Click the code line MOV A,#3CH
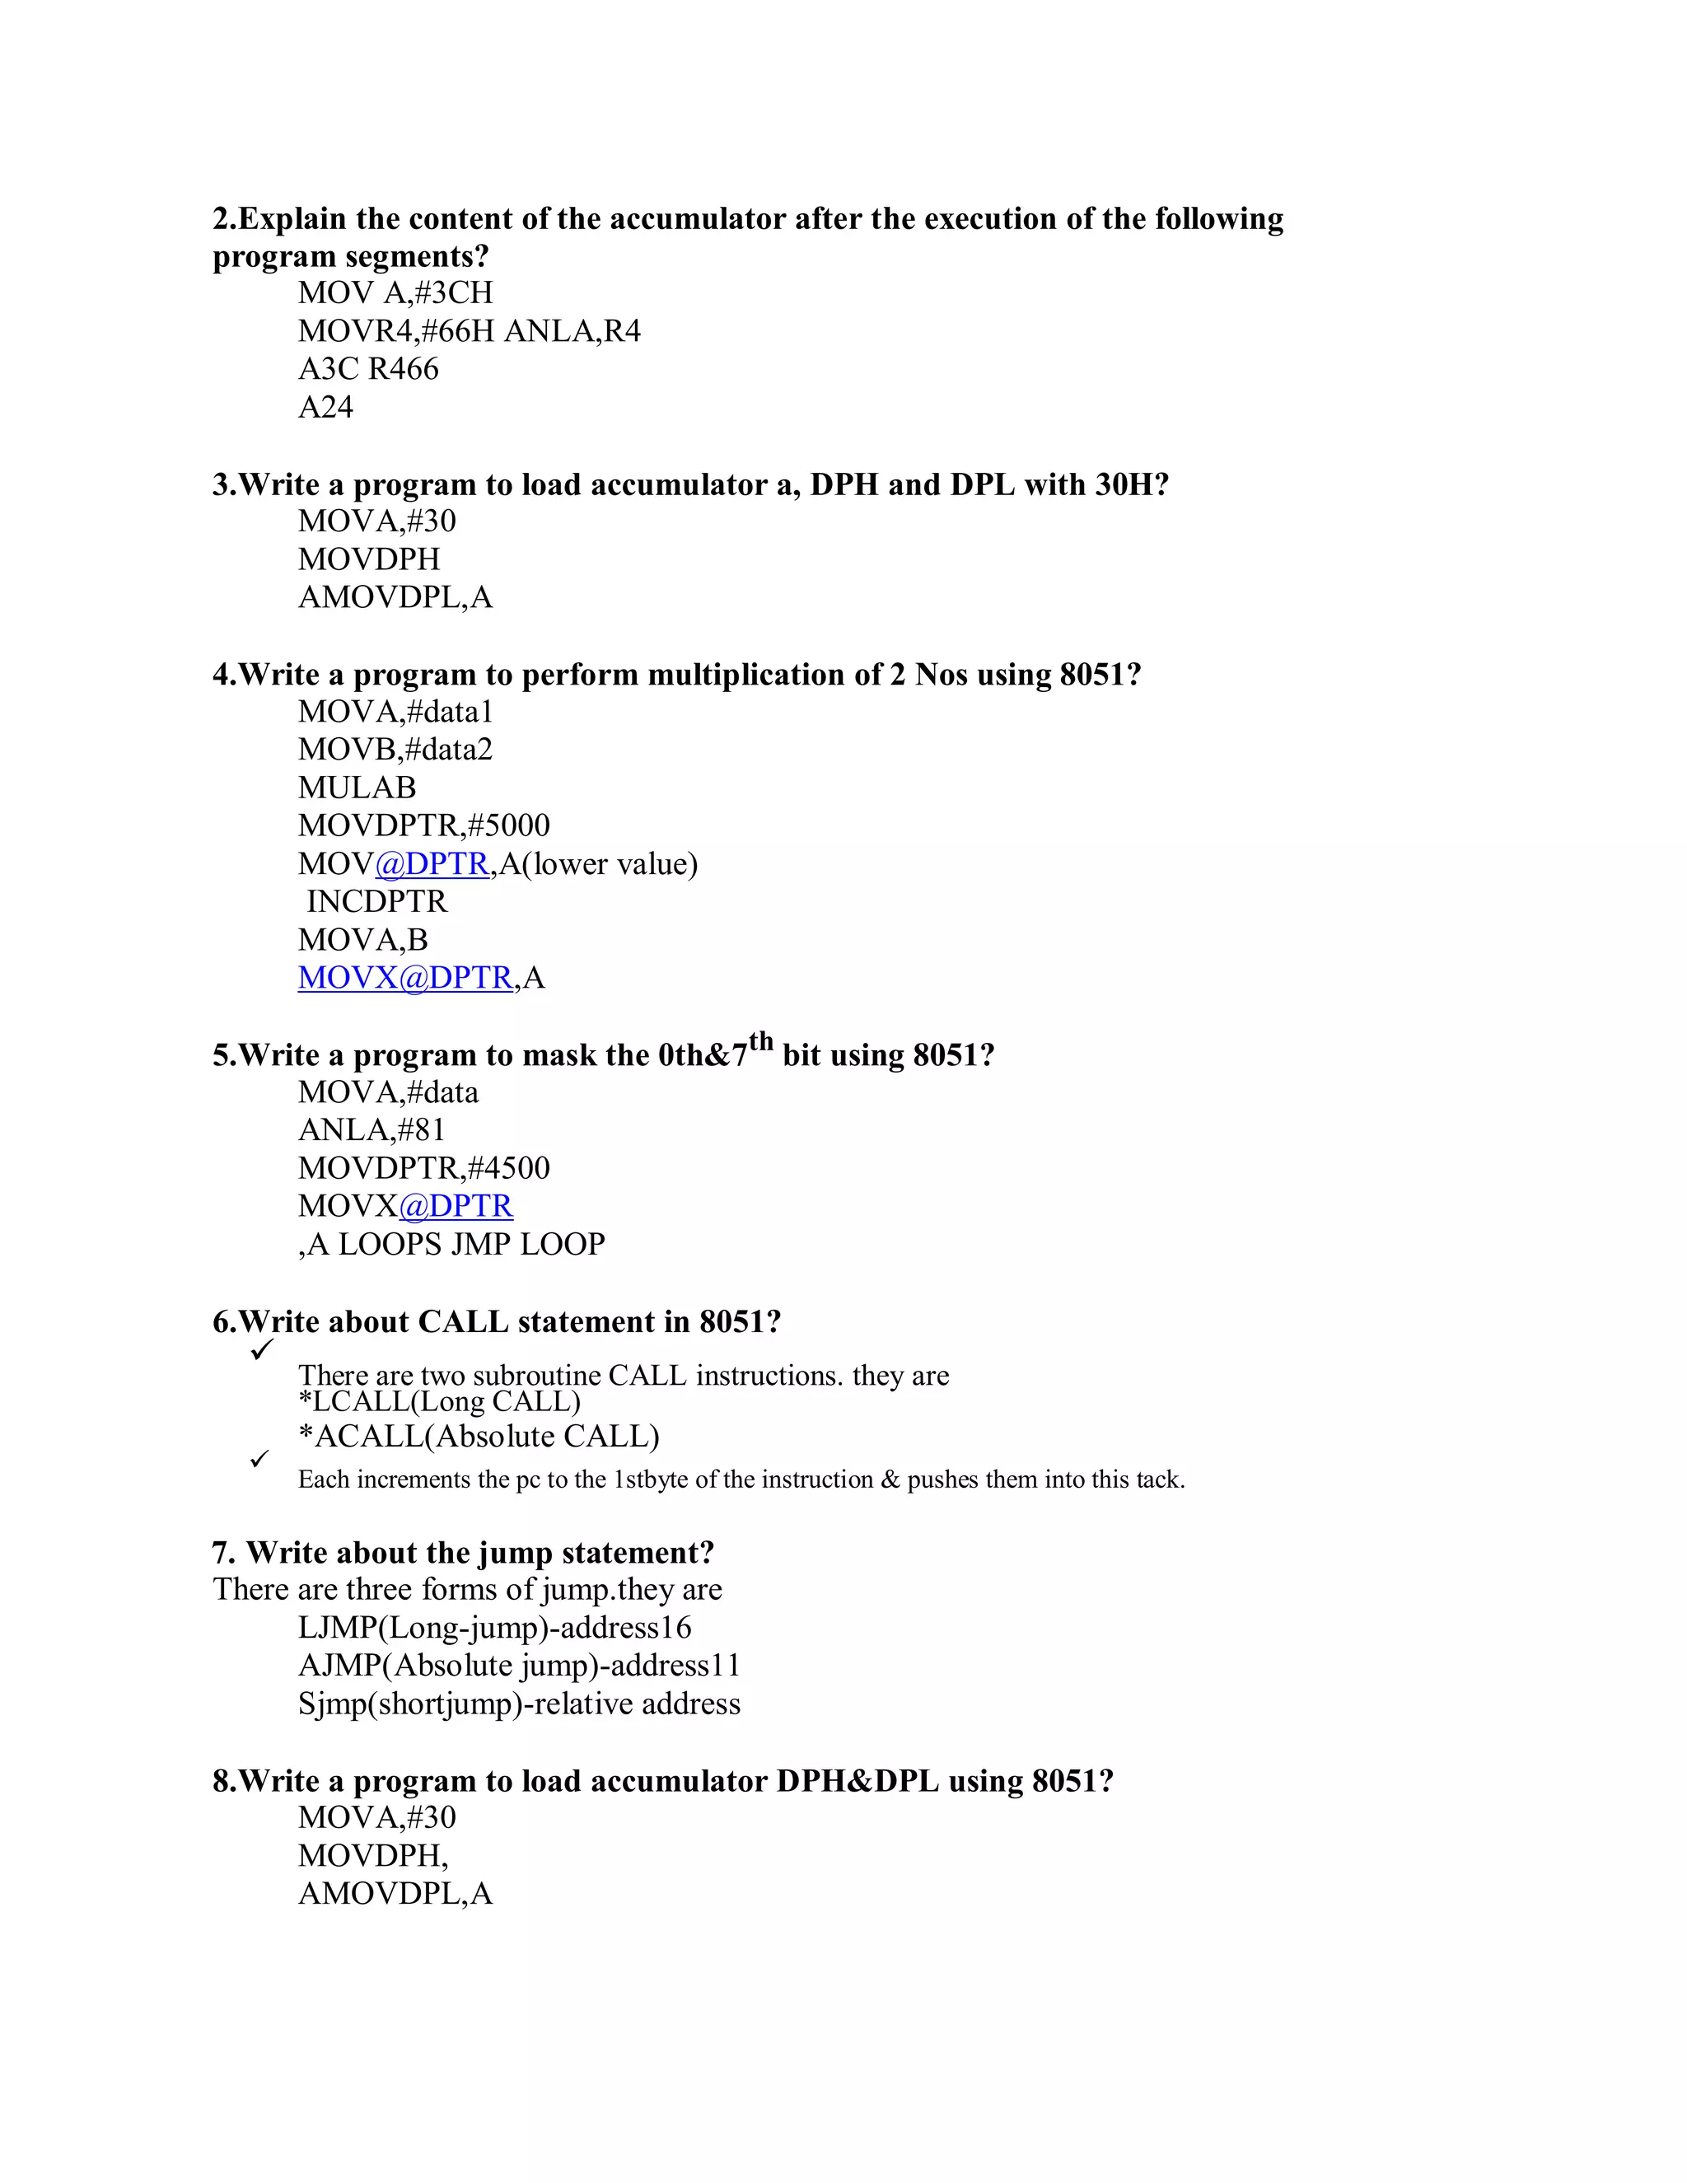coord(395,293)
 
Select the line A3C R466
coord(367,369)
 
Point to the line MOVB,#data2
coord(395,750)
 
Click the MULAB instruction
coord(357,788)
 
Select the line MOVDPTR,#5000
coord(423,825)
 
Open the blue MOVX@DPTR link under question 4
coord(404,978)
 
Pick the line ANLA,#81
coord(371,1129)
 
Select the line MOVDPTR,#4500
coord(423,1167)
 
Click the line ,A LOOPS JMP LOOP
coord(451,1245)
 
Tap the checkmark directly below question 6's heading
coord(263,1350)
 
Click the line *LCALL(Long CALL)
coord(439,1402)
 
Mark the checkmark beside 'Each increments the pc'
coord(259,1460)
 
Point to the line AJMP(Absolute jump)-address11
coord(519,1665)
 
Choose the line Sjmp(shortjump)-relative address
coord(519,1704)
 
